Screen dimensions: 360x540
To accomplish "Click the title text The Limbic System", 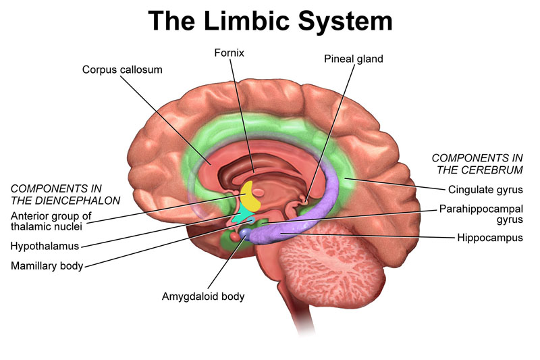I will click(x=270, y=20).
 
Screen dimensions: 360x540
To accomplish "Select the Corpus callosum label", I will click(x=122, y=70).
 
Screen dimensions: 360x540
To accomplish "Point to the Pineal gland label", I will click(x=353, y=59).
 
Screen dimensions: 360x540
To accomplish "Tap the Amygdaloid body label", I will click(x=203, y=296).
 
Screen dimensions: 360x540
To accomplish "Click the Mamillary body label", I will click(x=47, y=265).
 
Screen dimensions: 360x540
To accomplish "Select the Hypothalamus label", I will click(x=45, y=245).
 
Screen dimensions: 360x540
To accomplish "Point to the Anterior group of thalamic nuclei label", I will click(x=51, y=222).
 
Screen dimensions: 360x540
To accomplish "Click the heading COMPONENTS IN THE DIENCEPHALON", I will click(x=65, y=195).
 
